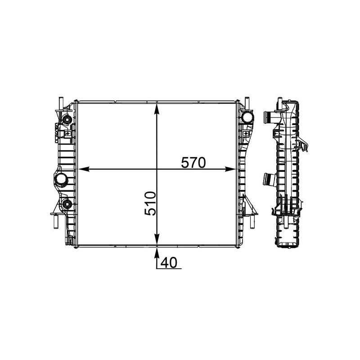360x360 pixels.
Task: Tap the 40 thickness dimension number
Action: point(170,263)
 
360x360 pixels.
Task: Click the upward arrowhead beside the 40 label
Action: point(157,252)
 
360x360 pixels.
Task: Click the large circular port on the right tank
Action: point(247,118)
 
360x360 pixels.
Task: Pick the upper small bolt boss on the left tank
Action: point(67,120)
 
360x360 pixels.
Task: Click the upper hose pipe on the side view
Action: point(269,118)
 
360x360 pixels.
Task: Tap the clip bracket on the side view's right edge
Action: point(304,145)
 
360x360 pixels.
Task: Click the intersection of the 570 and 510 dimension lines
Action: point(157,170)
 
